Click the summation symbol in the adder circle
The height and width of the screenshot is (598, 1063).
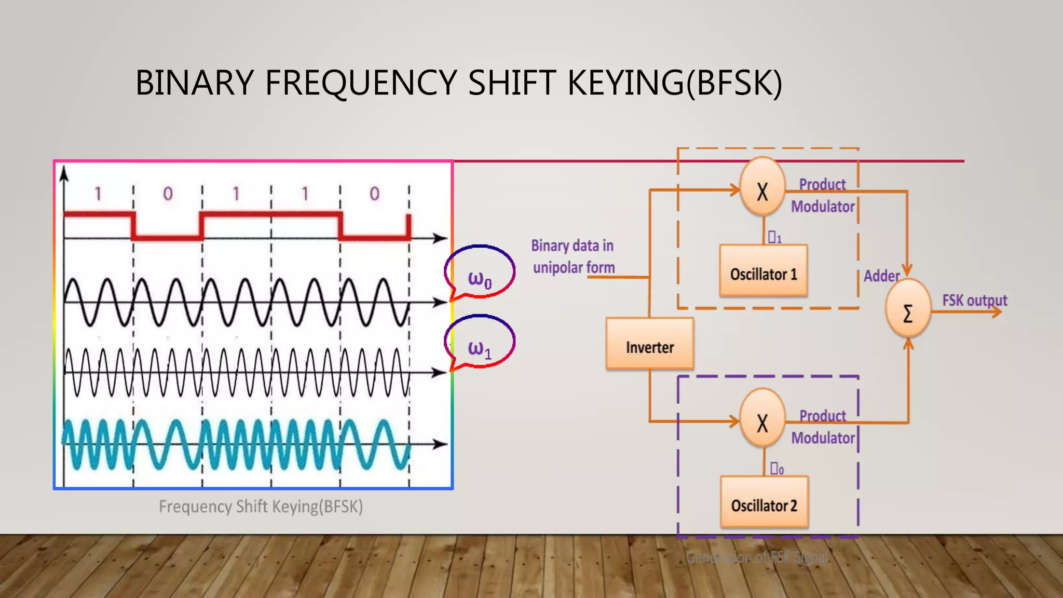pos(908,314)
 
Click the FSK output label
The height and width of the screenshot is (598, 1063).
pos(974,300)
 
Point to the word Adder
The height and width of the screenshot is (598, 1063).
pos(881,276)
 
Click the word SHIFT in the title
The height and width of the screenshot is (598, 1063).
pos(511,83)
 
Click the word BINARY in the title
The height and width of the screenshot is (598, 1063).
pos(194,83)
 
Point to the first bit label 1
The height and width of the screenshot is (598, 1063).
pos(98,194)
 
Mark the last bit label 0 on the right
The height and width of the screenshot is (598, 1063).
pos(374,194)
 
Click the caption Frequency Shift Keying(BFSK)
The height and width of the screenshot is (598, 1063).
pos(261,506)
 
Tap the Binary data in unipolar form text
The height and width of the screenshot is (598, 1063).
pos(573,256)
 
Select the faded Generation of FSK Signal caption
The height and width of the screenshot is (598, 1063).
pos(757,558)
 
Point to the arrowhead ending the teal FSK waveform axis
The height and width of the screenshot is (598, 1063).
pos(441,444)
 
